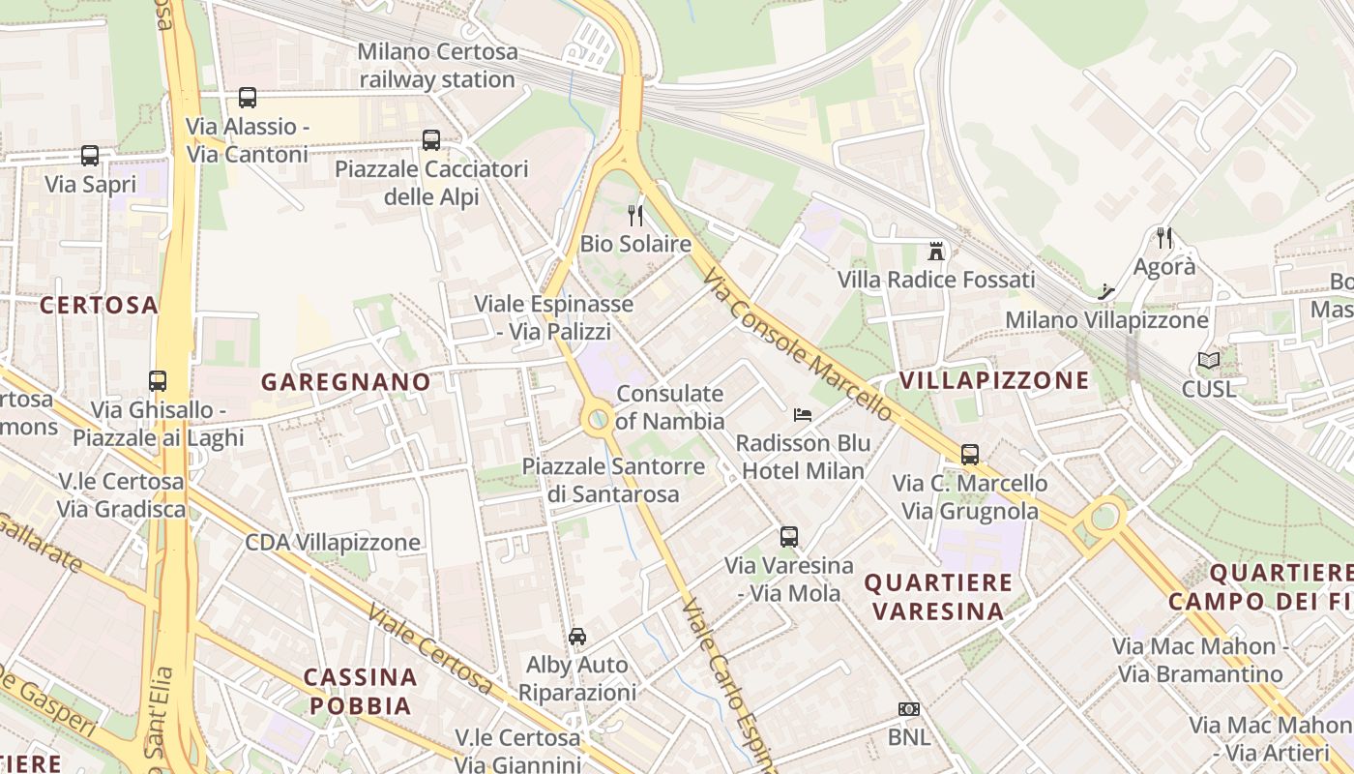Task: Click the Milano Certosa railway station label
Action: [x=437, y=66]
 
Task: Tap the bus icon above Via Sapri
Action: [x=90, y=155]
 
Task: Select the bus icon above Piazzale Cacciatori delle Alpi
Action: [x=431, y=140]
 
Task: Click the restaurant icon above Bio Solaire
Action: [x=635, y=215]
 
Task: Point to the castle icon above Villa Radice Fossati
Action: [x=935, y=252]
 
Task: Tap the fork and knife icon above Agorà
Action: [x=1164, y=237]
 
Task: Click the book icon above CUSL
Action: [x=1208, y=361]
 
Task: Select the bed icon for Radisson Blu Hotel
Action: [x=802, y=415]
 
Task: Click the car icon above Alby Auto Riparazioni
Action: [x=577, y=636]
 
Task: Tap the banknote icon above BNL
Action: [x=908, y=709]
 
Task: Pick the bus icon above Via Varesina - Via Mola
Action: [x=789, y=536]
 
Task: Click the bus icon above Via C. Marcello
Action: [x=969, y=454]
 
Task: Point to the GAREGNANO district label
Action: [x=345, y=382]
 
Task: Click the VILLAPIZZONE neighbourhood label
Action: [x=994, y=380]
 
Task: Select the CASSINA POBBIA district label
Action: [x=361, y=691]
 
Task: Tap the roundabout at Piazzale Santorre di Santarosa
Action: [x=599, y=419]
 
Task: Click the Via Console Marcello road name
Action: [x=799, y=344]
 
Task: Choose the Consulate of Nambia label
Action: [x=669, y=407]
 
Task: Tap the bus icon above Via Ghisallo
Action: [x=158, y=380]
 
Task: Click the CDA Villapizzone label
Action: [x=333, y=542]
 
